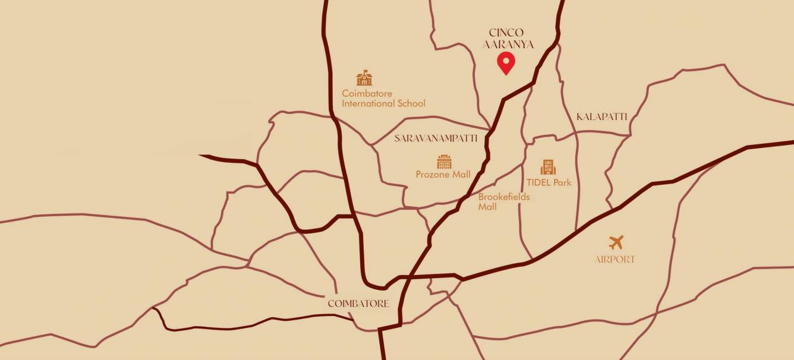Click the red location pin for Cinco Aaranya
[506, 62]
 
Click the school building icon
[364, 78]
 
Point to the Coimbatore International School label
[383, 98]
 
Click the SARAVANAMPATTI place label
[436, 138]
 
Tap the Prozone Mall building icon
[444, 162]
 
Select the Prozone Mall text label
[443, 175]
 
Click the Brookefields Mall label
[504, 202]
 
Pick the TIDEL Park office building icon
[548, 167]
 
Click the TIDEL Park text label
[549, 182]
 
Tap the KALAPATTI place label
[601, 117]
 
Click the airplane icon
[616, 242]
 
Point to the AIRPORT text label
[615, 260]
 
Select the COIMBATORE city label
[358, 304]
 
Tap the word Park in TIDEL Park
[562, 182]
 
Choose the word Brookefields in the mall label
[504, 197]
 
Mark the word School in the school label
[411, 103]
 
